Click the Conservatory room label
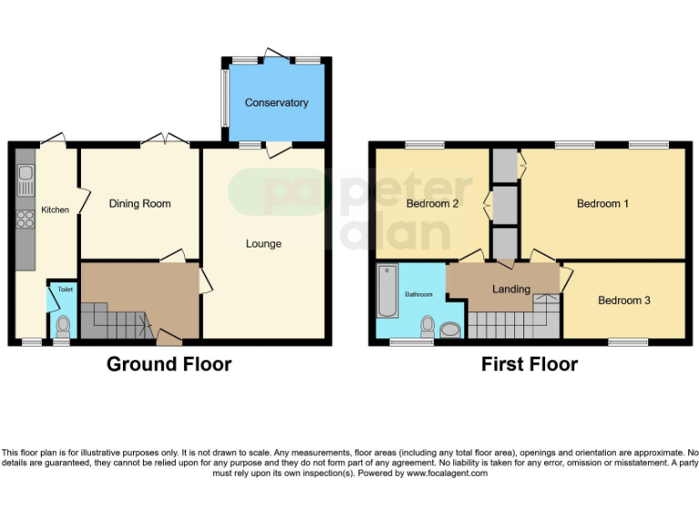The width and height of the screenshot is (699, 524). click(x=277, y=103)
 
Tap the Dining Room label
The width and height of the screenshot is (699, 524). click(x=140, y=204)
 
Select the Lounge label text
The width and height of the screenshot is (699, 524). click(x=264, y=244)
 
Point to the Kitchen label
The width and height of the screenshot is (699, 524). click(x=55, y=210)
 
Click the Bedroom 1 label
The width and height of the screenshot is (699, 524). click(x=603, y=204)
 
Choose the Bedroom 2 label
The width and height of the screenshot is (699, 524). click(x=431, y=204)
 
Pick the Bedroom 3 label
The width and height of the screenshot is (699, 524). click(x=623, y=300)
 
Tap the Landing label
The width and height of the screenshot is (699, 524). click(x=511, y=289)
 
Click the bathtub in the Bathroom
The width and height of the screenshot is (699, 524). click(x=386, y=288)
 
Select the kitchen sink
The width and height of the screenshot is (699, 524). click(x=25, y=176)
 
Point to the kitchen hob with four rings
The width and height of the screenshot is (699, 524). click(x=25, y=217)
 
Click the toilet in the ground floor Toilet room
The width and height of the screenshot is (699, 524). click(x=63, y=325)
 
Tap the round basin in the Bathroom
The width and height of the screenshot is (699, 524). click(x=451, y=330)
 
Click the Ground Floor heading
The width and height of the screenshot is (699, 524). click(x=169, y=365)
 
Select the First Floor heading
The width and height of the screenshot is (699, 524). click(x=530, y=365)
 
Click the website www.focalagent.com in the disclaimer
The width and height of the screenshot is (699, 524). click(x=447, y=473)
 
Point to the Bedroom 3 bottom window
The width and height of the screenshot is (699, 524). click(x=628, y=343)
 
